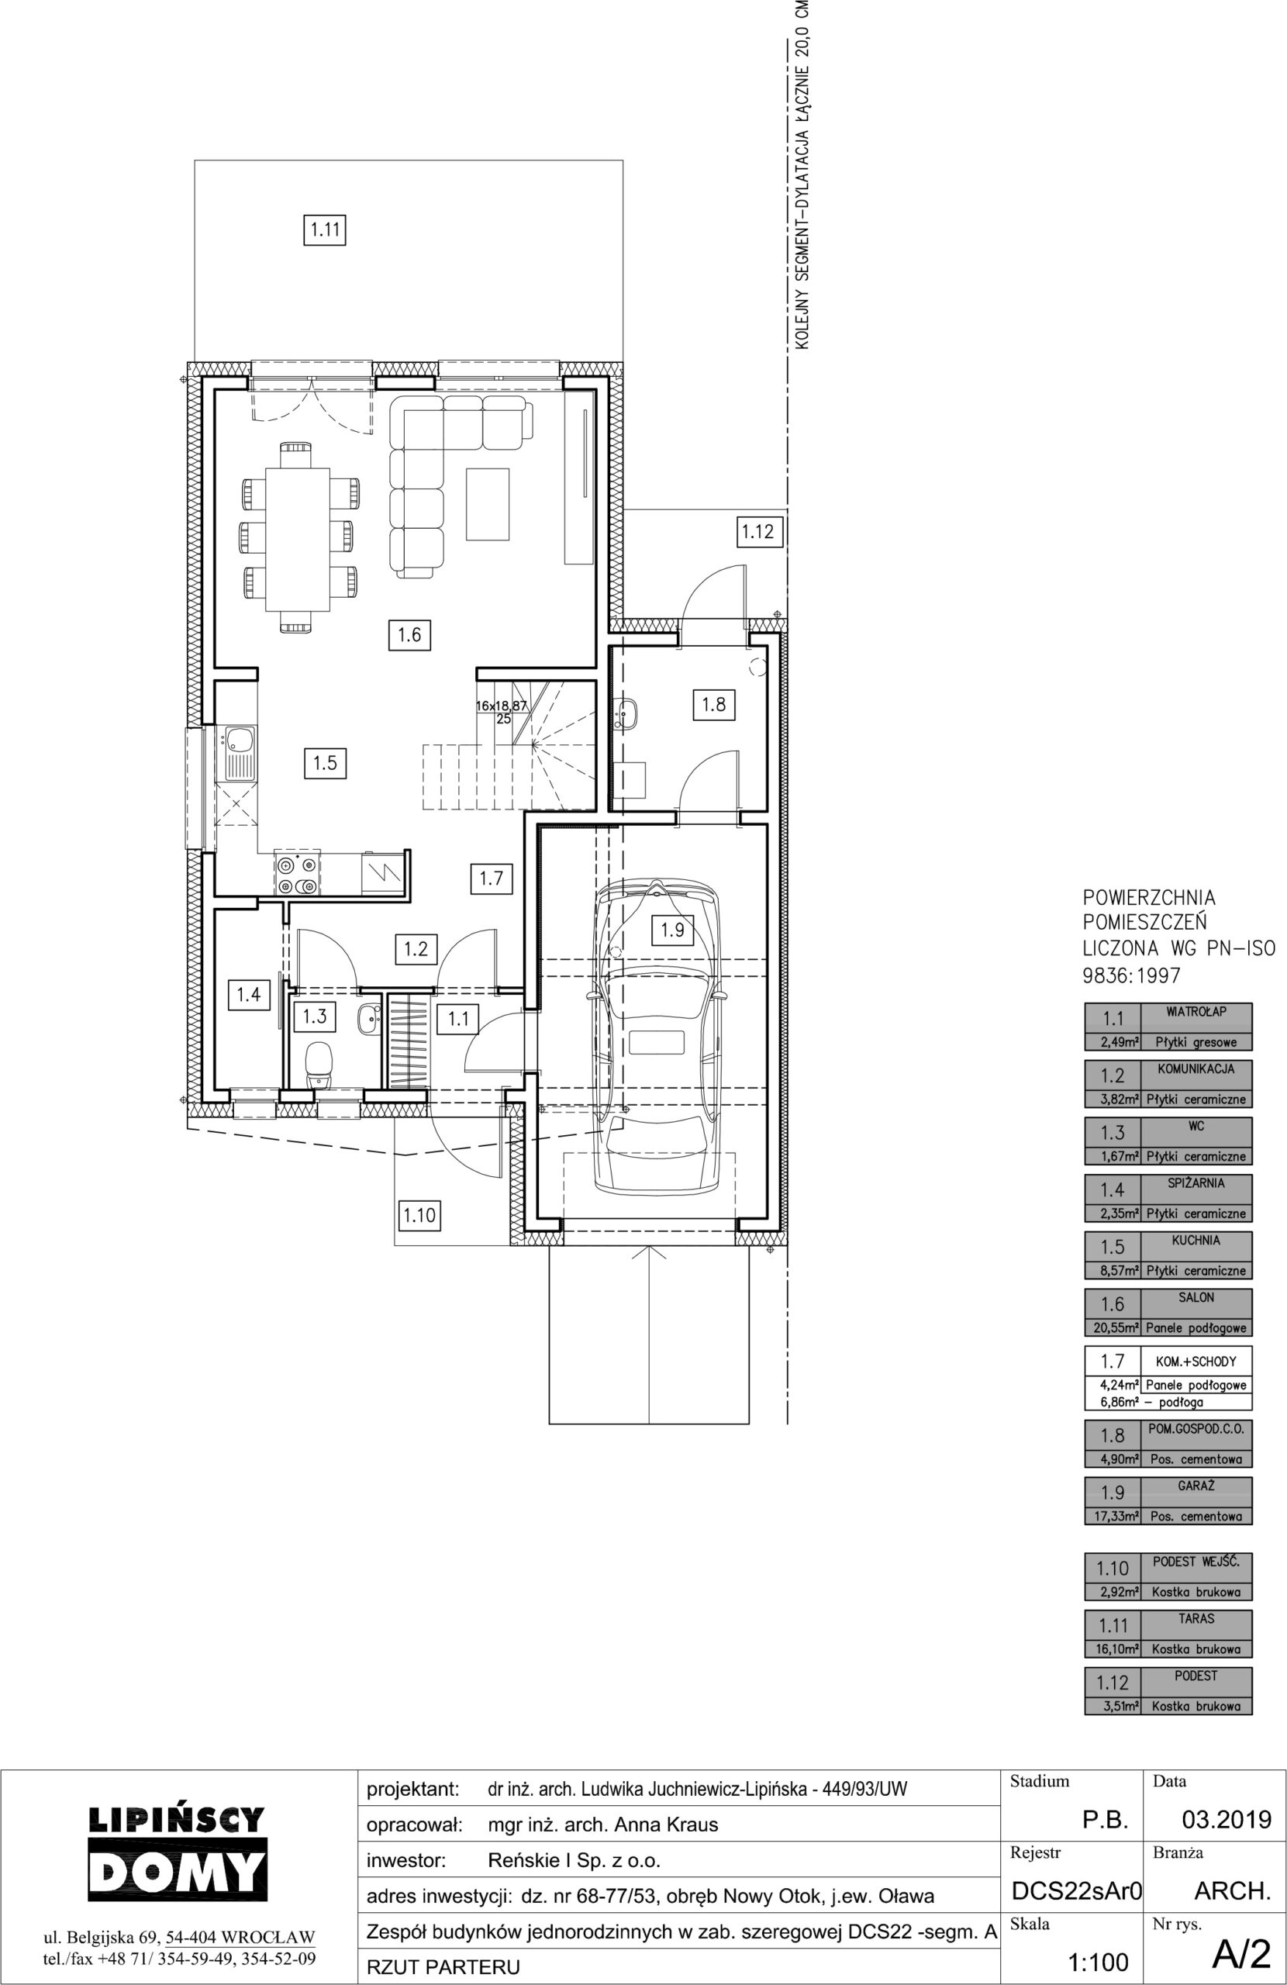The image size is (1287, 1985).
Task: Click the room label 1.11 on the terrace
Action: pos(323,230)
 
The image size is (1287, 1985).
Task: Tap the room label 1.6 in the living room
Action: pos(409,635)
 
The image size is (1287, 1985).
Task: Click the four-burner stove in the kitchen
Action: pos(297,875)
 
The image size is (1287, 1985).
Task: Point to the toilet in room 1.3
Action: pos(319,1066)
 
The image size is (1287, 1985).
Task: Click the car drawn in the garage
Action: pos(657,1037)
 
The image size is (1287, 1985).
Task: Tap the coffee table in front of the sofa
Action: pos(488,505)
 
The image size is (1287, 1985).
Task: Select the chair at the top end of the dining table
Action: pos(296,455)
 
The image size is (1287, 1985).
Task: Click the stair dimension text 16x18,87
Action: pos(502,705)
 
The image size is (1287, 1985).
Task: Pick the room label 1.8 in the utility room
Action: pos(713,704)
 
